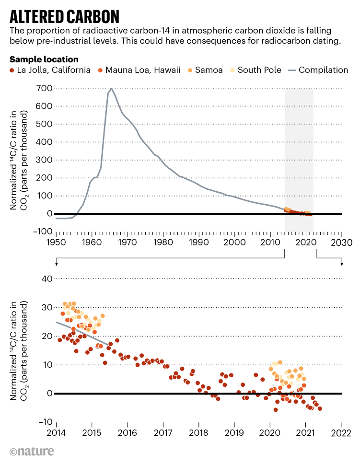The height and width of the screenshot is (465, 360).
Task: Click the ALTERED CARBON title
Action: click(x=64, y=17)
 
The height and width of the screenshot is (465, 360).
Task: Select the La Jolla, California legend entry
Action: click(x=50, y=70)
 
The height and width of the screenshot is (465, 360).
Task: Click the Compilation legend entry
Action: click(x=318, y=70)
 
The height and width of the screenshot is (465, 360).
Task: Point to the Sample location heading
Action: click(x=44, y=59)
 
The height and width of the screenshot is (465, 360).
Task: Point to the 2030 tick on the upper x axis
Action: click(x=342, y=242)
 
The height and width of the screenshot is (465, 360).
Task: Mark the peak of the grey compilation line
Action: click(x=112, y=88)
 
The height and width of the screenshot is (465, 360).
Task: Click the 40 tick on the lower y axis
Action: click(x=47, y=279)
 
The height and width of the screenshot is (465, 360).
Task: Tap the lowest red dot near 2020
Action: click(x=276, y=409)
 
